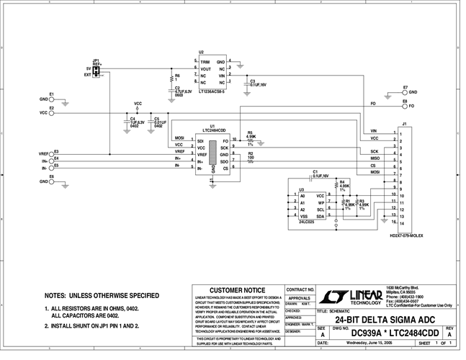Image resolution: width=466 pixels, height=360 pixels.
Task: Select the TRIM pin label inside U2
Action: pyautogui.click(x=205, y=63)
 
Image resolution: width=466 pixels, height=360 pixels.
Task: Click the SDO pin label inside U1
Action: pyautogui.click(x=225, y=162)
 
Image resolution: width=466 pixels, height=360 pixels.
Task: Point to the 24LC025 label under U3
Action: pyautogui.click(x=307, y=222)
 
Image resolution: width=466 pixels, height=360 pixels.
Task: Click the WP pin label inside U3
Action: pyautogui.click(x=321, y=202)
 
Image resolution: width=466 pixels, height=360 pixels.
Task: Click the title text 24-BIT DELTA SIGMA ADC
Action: pyautogui.click(x=381, y=318)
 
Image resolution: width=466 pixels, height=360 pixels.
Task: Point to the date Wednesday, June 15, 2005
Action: pyautogui.click(x=369, y=343)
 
